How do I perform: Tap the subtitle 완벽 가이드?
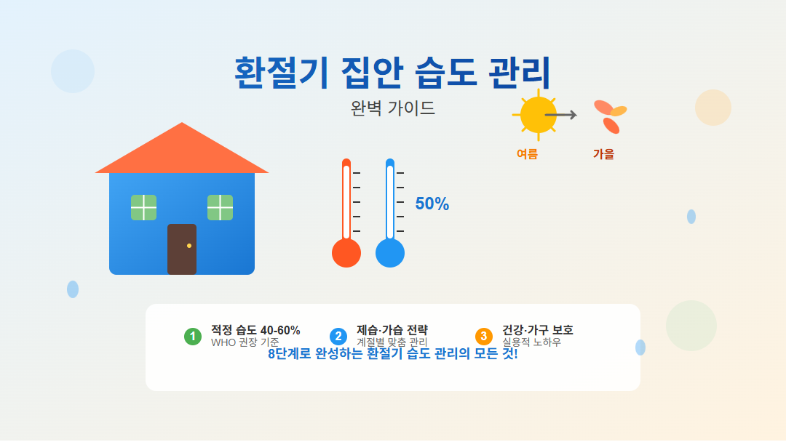392,108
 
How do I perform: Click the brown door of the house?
181,249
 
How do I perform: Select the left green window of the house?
143,207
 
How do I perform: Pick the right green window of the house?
220,207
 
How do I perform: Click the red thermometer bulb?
346,253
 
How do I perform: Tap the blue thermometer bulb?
390,253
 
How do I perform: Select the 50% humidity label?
432,204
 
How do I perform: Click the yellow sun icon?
539,115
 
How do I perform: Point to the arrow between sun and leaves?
561,115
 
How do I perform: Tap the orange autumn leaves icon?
610,116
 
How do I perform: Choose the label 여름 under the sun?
527,154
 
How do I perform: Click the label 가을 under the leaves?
603,154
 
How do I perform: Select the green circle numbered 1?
193,337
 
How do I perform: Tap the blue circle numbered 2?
338,337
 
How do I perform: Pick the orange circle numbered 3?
484,337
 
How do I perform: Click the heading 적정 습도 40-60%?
255,330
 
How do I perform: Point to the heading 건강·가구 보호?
537,330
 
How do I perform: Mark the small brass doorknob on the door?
189,246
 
